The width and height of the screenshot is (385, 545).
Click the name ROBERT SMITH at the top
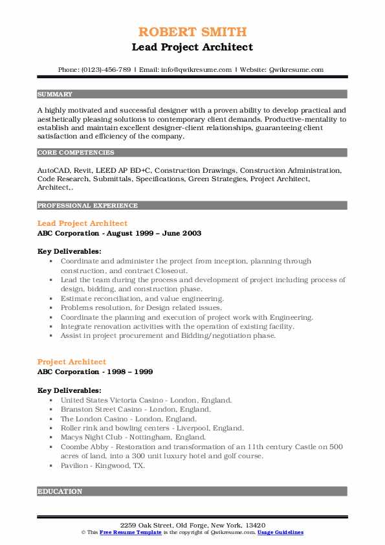(x=192, y=32)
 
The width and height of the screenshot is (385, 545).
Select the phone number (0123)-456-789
(x=108, y=69)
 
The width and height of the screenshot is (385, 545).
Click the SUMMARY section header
(x=55, y=94)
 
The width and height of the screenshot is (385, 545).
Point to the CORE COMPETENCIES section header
(x=76, y=153)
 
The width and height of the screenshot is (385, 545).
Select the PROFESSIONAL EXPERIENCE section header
(x=87, y=205)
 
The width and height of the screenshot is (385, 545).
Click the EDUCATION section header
(x=60, y=491)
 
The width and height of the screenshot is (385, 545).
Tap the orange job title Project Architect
(x=72, y=362)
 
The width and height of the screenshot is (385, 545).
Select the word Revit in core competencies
(x=82, y=170)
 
